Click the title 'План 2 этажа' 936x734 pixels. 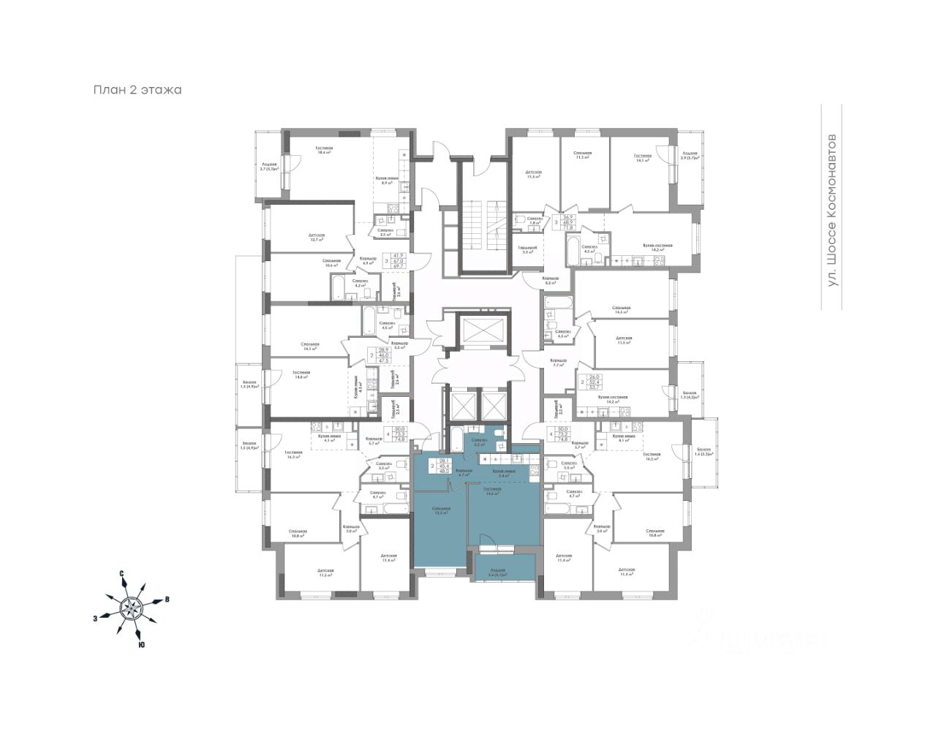(x=137, y=90)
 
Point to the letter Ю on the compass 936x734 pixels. (x=140, y=645)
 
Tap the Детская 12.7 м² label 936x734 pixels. (x=317, y=238)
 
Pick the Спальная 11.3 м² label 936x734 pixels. (x=583, y=156)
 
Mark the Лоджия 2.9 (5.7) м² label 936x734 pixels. (x=690, y=156)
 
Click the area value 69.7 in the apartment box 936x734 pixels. (x=399, y=267)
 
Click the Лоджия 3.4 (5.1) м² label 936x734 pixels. (x=497, y=572)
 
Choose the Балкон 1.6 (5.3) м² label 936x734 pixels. (x=704, y=451)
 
